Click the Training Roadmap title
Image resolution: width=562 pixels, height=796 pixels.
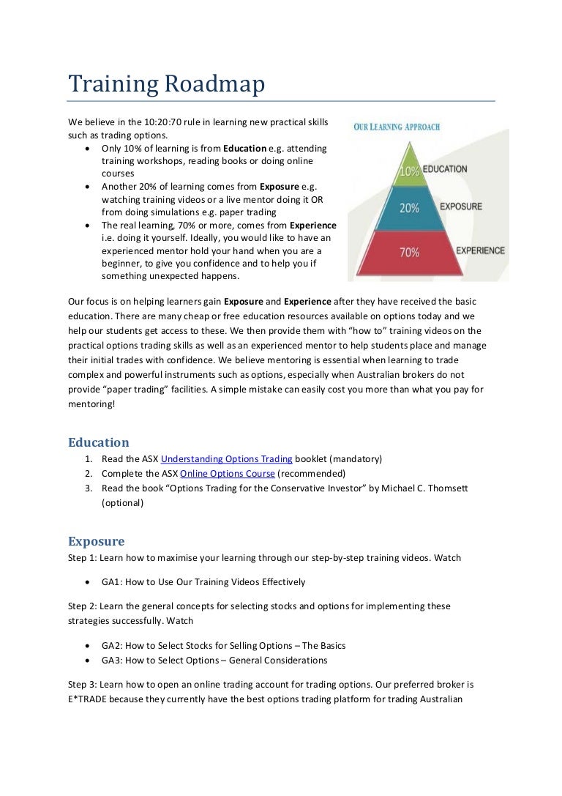click(x=166, y=84)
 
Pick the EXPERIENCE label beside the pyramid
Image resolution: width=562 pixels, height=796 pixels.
click(x=480, y=250)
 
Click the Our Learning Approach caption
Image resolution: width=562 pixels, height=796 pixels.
click(x=397, y=127)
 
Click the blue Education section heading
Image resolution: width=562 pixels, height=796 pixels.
click(x=98, y=442)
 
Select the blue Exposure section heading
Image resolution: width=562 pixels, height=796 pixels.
click(x=96, y=541)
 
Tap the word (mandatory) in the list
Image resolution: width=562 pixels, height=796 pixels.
click(x=356, y=459)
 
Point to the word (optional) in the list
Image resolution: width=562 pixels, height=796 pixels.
click(x=122, y=503)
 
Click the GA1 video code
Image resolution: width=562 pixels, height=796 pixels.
click(x=111, y=582)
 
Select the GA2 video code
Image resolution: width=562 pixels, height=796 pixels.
click(x=111, y=646)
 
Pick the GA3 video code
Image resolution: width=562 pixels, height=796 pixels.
click(x=111, y=661)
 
